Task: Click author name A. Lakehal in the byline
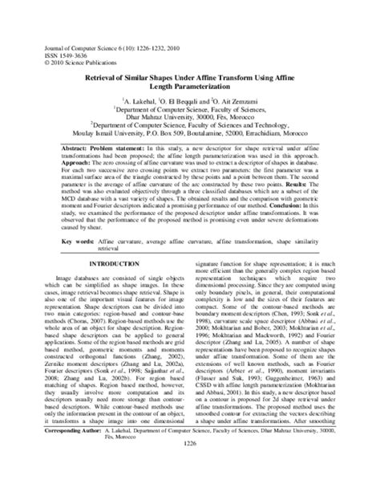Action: [144, 103]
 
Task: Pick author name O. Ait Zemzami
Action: [241, 103]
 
